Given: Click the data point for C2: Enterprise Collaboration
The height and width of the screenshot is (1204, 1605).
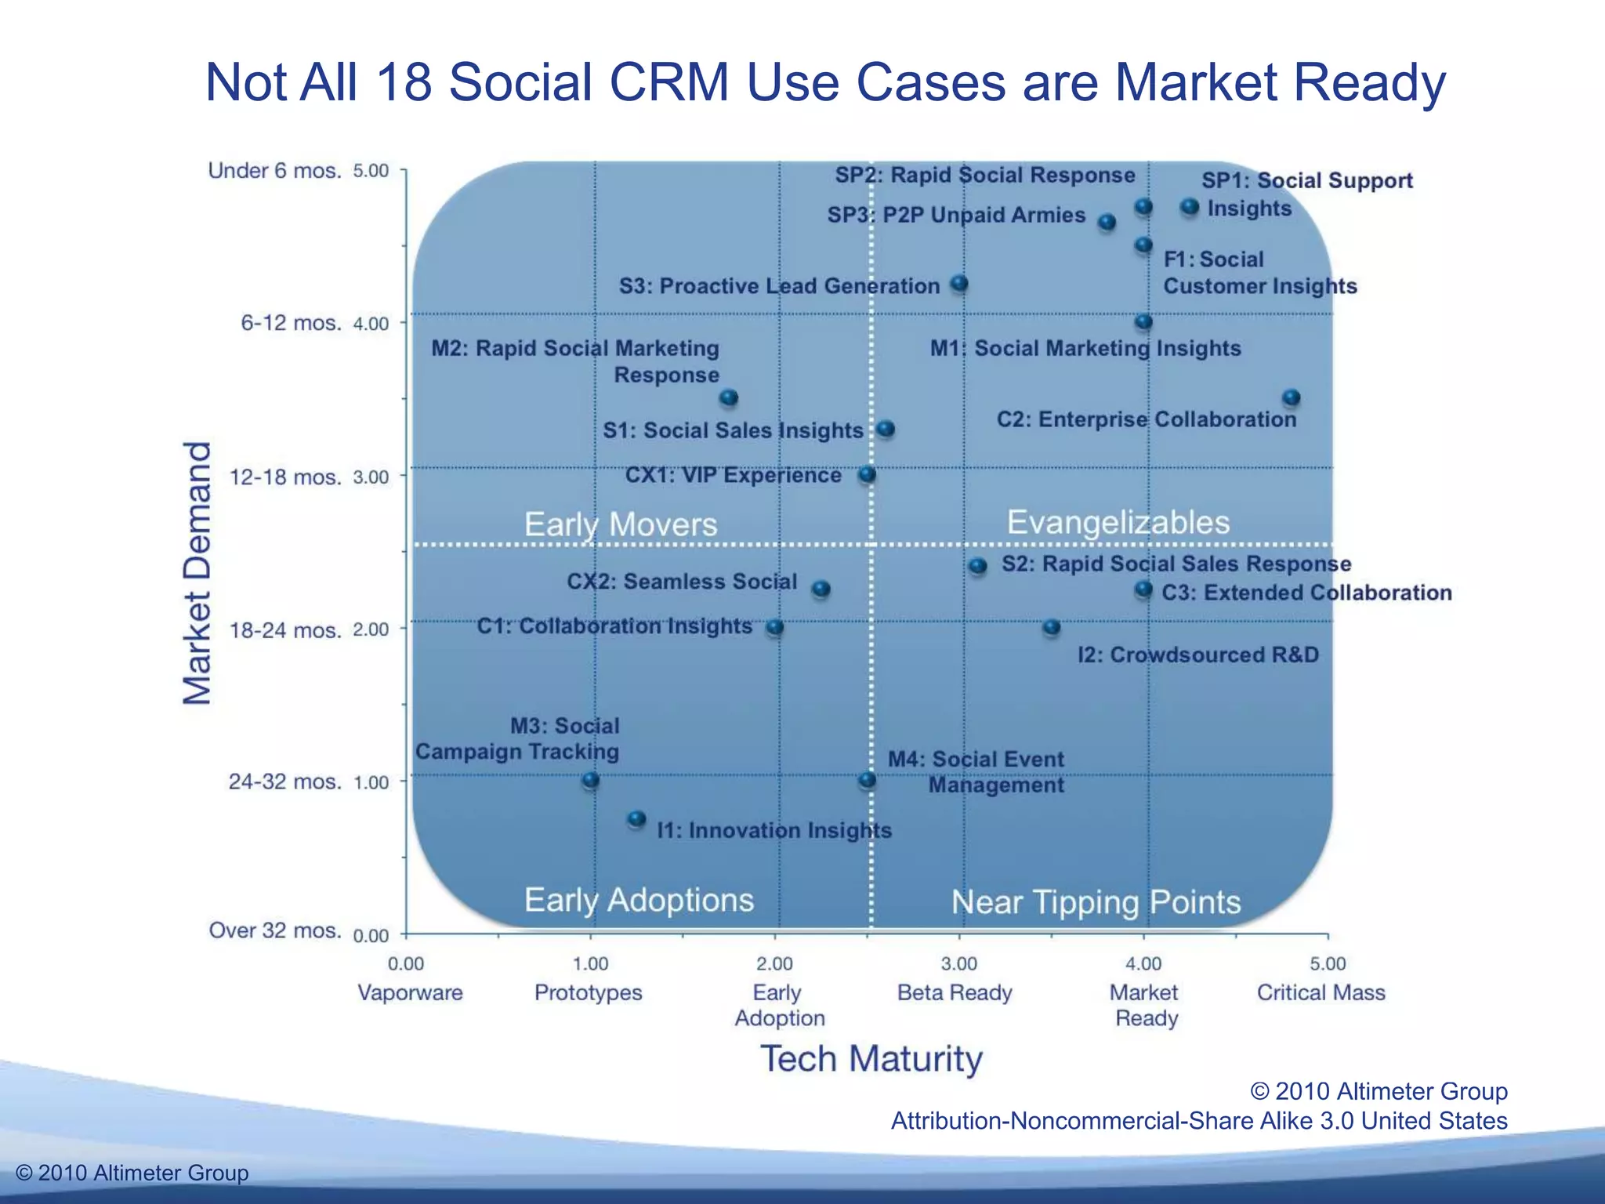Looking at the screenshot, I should click(1291, 398).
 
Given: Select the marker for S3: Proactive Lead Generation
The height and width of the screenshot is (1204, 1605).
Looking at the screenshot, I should click(959, 284).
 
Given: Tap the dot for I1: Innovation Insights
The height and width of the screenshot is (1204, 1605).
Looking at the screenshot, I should click(636, 819).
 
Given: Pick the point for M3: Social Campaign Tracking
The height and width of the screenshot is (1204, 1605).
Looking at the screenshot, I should click(591, 780).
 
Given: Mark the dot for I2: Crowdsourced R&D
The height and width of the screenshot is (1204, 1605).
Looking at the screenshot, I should click(1052, 627).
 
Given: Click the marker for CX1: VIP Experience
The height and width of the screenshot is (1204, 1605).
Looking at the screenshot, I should click(867, 474).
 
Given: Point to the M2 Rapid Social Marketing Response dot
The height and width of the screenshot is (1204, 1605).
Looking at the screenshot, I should click(729, 398).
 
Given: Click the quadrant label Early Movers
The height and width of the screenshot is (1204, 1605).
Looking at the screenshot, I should click(620, 524).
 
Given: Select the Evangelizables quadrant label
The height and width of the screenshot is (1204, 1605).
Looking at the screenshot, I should click(1118, 522).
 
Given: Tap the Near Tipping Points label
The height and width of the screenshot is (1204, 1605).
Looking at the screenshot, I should click(1096, 902).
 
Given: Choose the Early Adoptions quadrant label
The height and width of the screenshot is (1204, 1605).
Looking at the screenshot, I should click(639, 900).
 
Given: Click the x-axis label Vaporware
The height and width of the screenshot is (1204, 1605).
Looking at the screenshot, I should click(410, 992).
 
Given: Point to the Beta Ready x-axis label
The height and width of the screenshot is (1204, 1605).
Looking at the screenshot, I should click(955, 992).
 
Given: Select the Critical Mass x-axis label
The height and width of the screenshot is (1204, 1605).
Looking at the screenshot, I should click(1321, 992).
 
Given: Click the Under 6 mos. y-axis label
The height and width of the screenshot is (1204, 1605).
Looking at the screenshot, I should click(274, 171).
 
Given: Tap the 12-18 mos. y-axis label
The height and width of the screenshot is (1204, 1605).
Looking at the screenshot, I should click(285, 477).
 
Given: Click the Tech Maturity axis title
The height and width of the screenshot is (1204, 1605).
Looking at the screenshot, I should click(871, 1059).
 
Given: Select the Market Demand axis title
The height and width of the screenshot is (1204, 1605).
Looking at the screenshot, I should click(197, 573).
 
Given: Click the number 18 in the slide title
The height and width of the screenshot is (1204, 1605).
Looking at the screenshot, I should click(404, 82).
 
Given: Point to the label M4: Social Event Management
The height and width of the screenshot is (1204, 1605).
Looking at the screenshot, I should click(976, 772).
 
